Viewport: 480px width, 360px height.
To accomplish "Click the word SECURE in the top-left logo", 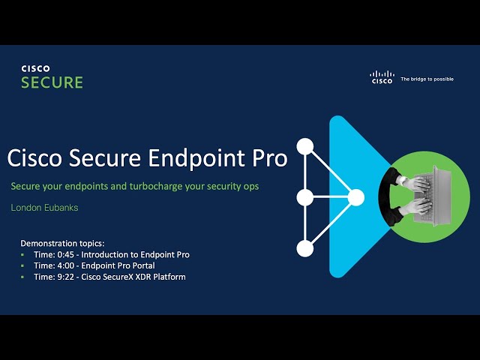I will pyautogui.click(x=52, y=82).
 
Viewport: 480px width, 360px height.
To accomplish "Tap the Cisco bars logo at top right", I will pyautogui.click(x=382, y=77).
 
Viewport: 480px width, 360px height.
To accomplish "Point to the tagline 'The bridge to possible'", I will pyautogui.click(x=427, y=79).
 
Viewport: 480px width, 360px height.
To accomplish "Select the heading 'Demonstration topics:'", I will pyautogui.click(x=64, y=244).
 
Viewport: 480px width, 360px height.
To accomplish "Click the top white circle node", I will pyautogui.click(x=304, y=146).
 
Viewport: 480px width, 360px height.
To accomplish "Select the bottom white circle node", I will pyautogui.click(x=304, y=248).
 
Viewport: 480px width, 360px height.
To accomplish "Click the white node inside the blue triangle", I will pyautogui.click(x=355, y=198).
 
